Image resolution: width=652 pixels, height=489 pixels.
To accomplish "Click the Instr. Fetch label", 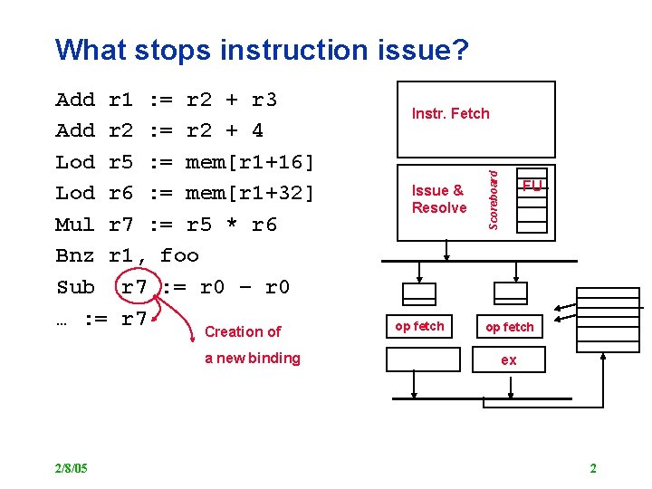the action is click(x=450, y=113).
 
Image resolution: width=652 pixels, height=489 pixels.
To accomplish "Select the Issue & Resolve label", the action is click(x=439, y=198).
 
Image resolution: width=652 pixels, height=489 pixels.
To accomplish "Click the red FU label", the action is click(x=532, y=186).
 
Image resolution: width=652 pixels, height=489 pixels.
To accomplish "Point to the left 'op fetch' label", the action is click(x=419, y=326).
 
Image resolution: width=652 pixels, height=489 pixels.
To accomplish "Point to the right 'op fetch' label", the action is click(x=510, y=326).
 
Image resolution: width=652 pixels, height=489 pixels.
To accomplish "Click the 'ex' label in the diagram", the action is click(x=509, y=360).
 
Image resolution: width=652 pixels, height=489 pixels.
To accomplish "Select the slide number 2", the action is click(x=593, y=468).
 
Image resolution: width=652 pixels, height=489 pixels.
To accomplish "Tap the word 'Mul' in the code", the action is click(x=75, y=224).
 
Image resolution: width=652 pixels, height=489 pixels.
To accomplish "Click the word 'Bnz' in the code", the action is click(x=75, y=255).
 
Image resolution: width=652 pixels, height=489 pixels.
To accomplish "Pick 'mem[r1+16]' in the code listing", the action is click(x=250, y=162).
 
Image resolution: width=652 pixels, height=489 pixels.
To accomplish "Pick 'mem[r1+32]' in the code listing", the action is click(x=250, y=193).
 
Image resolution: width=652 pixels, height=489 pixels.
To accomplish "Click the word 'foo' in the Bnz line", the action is click(x=179, y=255).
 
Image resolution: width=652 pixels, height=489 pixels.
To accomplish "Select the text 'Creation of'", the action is click(x=243, y=331).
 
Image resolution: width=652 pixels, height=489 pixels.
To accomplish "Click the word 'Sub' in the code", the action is click(x=75, y=287).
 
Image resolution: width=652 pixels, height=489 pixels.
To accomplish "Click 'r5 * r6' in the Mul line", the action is click(x=231, y=224).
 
